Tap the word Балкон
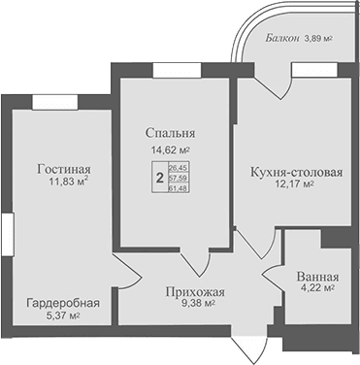283,40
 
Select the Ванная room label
316,273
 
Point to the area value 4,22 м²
315,287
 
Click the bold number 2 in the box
159,178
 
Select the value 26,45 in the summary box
179,168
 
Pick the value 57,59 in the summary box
179,178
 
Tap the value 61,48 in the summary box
179,187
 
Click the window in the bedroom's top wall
176,69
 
